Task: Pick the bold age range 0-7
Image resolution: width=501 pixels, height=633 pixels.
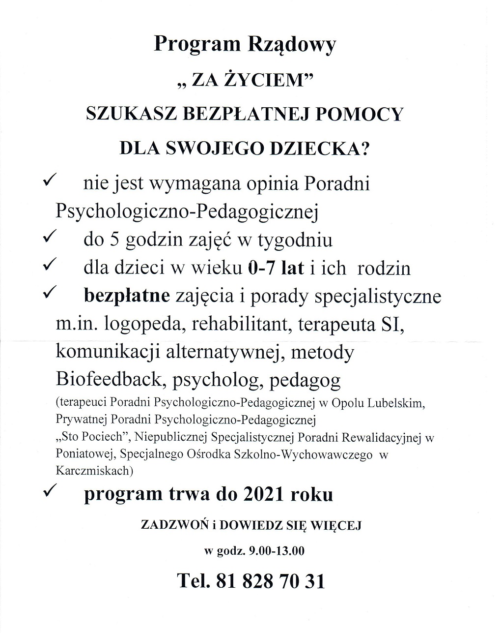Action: tap(263, 268)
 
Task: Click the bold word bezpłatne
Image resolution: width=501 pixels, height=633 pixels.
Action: tap(127, 297)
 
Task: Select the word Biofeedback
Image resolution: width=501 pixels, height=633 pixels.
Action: tap(109, 380)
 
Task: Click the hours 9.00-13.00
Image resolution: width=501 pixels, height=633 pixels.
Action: tap(272, 550)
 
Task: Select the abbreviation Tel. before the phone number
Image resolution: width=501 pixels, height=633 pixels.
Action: tap(194, 581)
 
